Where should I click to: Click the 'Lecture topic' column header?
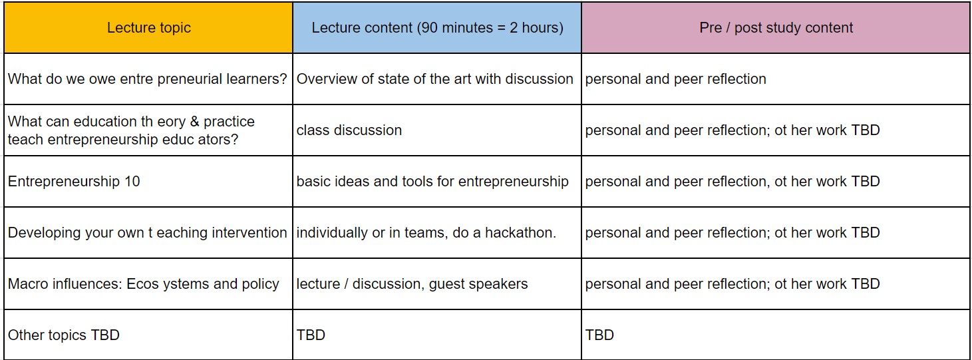[148, 28]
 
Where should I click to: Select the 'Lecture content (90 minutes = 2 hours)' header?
[437, 28]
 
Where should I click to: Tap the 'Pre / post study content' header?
[776, 28]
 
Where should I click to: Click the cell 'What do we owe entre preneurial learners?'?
[147, 79]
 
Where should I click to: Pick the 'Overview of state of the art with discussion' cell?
[434, 79]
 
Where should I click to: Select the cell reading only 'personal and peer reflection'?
[675, 79]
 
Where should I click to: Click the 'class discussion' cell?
[349, 130]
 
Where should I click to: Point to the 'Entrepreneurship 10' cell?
[74, 182]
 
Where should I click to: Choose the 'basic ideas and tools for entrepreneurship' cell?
[432, 182]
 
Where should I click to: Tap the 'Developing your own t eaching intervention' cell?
[147, 233]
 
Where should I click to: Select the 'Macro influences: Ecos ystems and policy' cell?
[143, 284]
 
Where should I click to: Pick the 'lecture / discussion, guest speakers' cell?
[412, 284]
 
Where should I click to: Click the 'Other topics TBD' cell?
[64, 335]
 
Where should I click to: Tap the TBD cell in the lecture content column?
[311, 335]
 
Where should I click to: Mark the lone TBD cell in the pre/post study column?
[599, 335]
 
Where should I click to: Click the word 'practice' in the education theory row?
[229, 122]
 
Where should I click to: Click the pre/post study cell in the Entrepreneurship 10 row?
[732, 182]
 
